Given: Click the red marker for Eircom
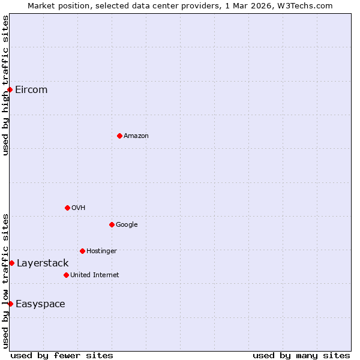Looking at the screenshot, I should (x=10, y=90).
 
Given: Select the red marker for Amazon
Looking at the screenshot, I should (x=119, y=136).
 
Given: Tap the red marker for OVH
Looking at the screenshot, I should (x=67, y=208).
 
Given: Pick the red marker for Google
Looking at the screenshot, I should (x=112, y=224).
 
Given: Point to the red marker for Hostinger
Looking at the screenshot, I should (x=82, y=251).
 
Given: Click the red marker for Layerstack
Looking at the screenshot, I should (x=11, y=263).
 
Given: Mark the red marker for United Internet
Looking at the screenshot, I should (x=66, y=275).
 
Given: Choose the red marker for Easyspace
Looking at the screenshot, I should (x=10, y=304).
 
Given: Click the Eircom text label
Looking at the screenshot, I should (x=31, y=90).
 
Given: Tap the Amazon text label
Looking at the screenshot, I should (x=136, y=136).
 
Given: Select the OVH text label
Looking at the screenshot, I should (x=79, y=208).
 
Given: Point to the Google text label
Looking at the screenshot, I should (x=127, y=224).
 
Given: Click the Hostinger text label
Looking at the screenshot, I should (x=101, y=251).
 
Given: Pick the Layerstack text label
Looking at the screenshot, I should (x=43, y=263).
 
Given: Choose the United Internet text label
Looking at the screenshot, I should (x=95, y=275).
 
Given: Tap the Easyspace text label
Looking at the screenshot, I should (x=40, y=304).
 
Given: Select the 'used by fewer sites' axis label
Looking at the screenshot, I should (x=62, y=355).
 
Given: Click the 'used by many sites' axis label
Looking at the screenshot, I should (x=301, y=355).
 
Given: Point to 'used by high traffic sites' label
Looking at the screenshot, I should (x=5, y=85).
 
